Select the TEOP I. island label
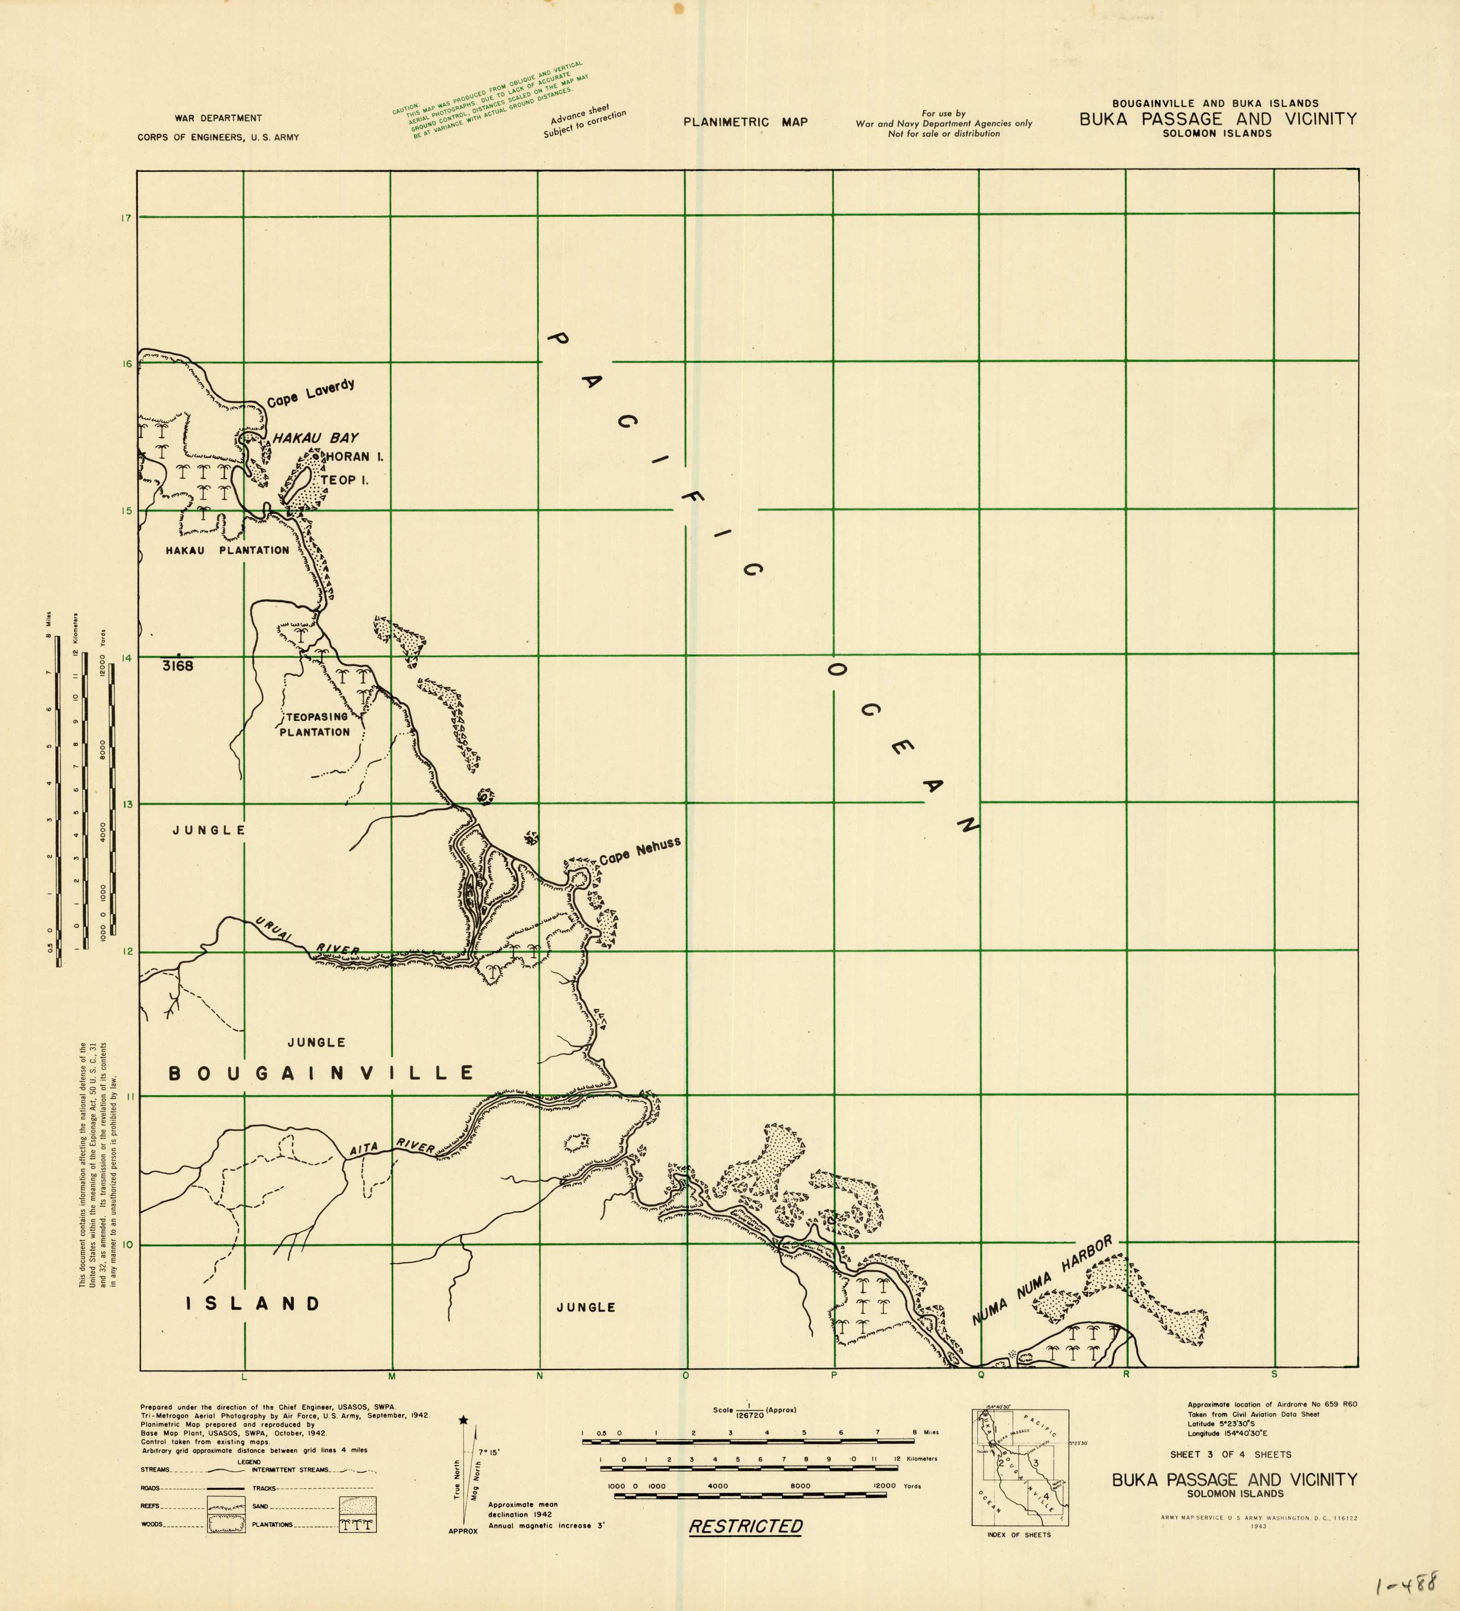click(x=344, y=480)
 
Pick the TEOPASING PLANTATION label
click(x=314, y=724)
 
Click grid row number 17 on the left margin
click(x=126, y=218)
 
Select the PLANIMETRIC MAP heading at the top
click(x=745, y=122)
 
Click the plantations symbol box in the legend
click(x=357, y=1524)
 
